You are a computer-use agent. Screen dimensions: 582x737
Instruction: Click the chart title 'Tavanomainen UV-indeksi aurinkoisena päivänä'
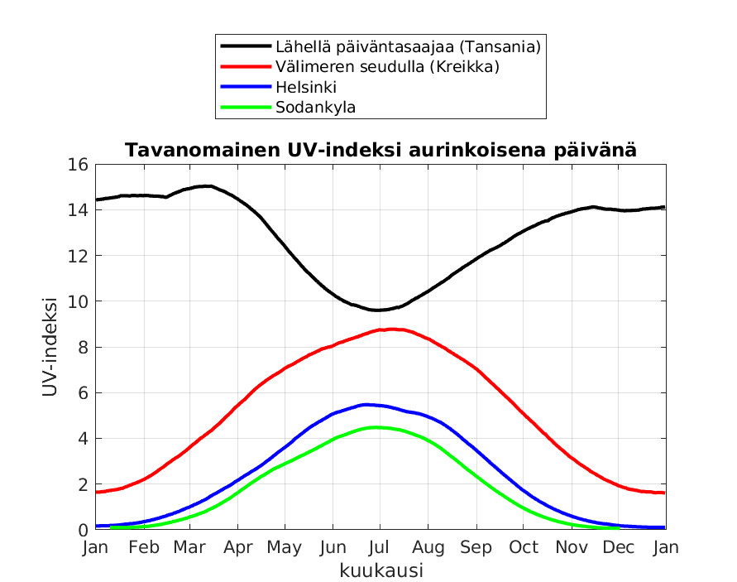[x=380, y=151]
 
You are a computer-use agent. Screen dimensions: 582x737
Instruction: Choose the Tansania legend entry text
[x=408, y=46]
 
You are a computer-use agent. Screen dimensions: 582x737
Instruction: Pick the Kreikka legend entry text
[x=387, y=66]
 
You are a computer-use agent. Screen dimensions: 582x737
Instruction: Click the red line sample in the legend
[x=245, y=66]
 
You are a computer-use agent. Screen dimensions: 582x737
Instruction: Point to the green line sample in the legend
[x=245, y=107]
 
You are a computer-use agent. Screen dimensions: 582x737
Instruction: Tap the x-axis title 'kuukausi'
[x=381, y=570]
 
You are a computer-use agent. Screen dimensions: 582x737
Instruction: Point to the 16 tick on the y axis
[x=78, y=164]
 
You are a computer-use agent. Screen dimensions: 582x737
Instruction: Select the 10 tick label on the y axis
[x=78, y=301]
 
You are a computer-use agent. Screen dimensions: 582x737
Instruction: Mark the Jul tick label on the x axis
[x=380, y=547]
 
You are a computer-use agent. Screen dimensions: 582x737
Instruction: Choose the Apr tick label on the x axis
[x=238, y=547]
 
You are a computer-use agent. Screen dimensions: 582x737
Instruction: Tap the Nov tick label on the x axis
[x=571, y=547]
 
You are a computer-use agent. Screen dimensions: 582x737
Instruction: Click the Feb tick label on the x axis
[x=144, y=547]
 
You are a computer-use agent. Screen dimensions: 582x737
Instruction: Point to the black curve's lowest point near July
[x=377, y=310]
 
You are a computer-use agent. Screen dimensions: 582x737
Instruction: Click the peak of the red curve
[x=390, y=329]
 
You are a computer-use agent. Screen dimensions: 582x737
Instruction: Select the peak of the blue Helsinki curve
[x=366, y=404]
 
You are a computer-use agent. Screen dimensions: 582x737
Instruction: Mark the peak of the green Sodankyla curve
[x=376, y=427]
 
